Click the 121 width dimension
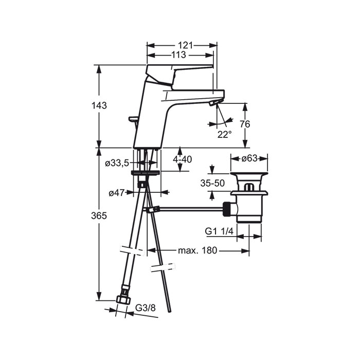[185, 45]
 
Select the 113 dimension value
[178, 55]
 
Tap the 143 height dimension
[99, 105]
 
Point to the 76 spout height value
[245, 124]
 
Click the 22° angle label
[224, 135]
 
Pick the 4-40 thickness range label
[182, 159]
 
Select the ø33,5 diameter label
[117, 164]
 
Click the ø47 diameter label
[116, 193]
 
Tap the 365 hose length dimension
[99, 216]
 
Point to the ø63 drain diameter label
[249, 158]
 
